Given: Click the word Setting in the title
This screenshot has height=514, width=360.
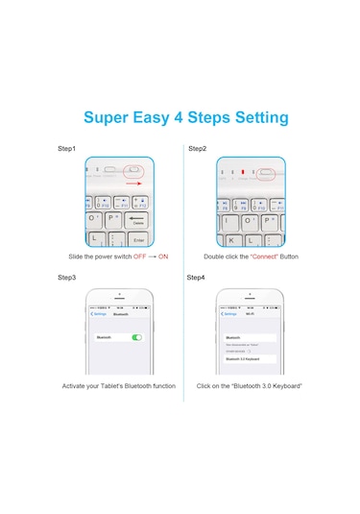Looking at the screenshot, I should point(255,118).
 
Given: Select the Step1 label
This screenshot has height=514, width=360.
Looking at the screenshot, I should point(66,149).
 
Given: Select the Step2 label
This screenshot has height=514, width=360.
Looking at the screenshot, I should point(197,149).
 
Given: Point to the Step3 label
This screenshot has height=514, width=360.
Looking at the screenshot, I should point(66,278).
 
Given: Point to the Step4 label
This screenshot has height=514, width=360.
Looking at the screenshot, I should point(197,278).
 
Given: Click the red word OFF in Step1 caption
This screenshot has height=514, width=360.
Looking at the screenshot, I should point(139,257).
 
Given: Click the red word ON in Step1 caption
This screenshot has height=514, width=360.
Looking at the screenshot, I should point(162,257).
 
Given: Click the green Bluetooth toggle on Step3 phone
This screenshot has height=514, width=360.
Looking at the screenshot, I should point(137,337).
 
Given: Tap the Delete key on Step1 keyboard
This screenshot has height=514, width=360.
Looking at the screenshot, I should point(137,220).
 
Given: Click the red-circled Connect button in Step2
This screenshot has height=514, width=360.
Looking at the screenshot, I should point(264,176).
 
